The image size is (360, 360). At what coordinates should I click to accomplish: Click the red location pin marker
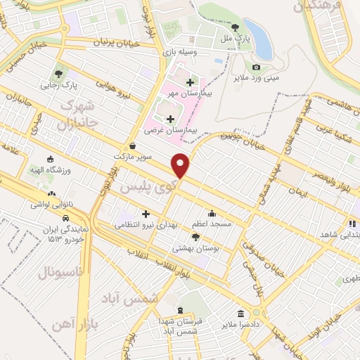click(x=181, y=165)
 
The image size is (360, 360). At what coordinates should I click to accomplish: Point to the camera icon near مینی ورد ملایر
click(x=256, y=67)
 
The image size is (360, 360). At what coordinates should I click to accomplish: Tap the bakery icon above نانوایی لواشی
click(x=50, y=193)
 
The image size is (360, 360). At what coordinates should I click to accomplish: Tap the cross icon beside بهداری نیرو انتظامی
click(x=146, y=214)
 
